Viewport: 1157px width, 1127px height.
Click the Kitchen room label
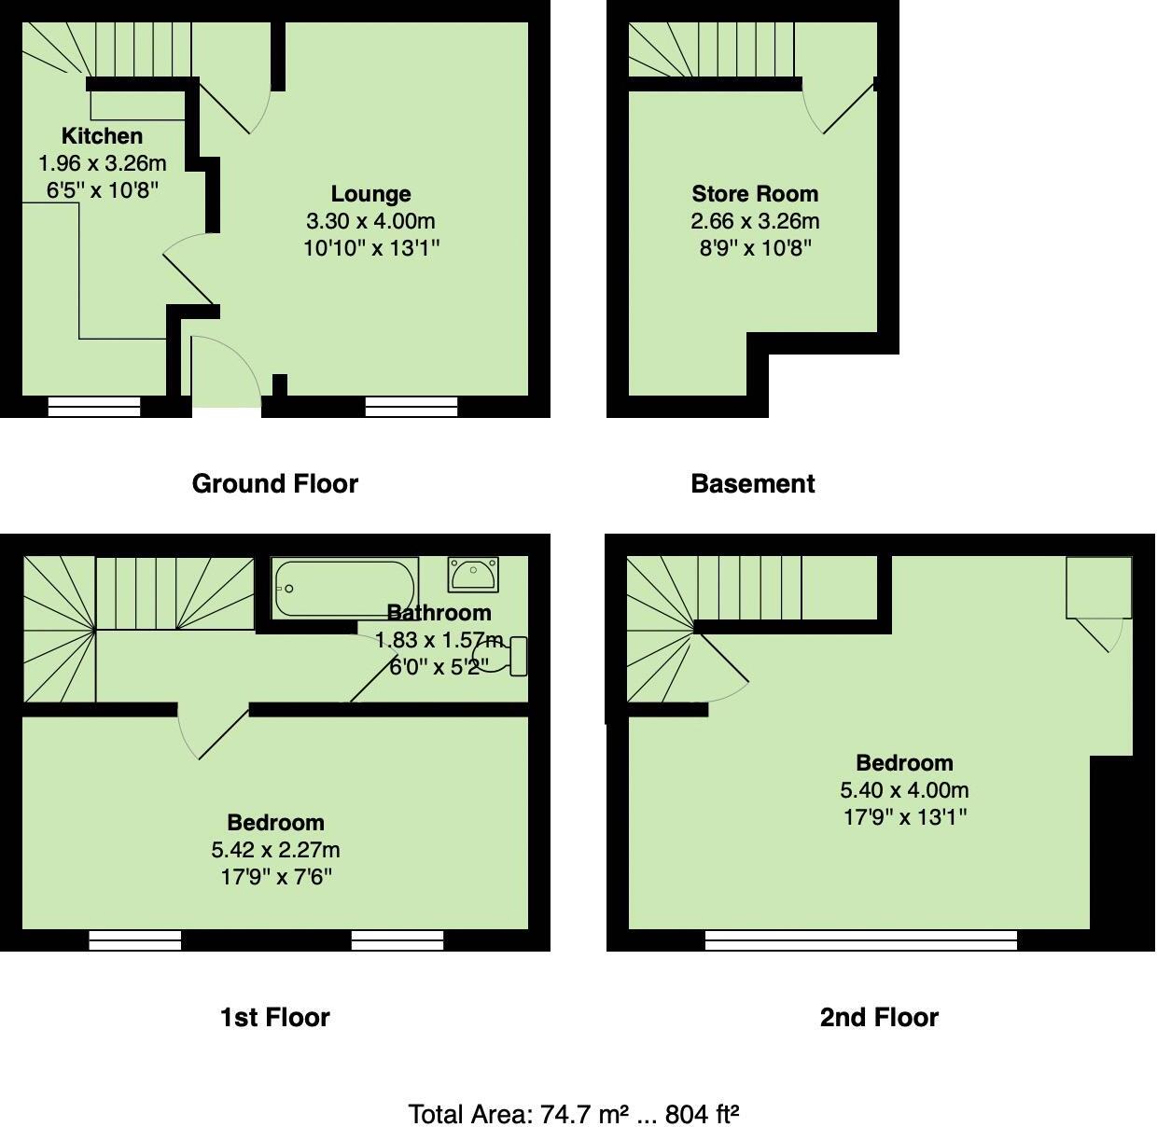click(x=102, y=136)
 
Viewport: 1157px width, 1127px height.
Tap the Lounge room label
click(x=370, y=194)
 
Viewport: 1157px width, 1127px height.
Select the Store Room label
click(x=754, y=194)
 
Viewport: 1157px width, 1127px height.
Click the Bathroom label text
click(x=439, y=613)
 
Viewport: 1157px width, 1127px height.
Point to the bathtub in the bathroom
click(x=344, y=588)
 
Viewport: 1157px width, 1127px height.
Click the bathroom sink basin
click(x=473, y=574)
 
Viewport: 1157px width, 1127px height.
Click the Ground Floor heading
click(x=274, y=483)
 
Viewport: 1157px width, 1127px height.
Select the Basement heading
click(x=752, y=483)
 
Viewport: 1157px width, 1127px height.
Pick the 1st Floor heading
click(x=274, y=1017)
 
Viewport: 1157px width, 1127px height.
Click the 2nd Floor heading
click(x=878, y=1017)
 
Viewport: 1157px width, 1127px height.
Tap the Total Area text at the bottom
click(x=574, y=1114)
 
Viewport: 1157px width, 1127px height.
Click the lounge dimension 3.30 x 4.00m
click(x=370, y=221)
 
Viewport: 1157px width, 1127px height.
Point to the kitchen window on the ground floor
click(x=93, y=406)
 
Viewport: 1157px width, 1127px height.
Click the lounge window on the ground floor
click(x=411, y=406)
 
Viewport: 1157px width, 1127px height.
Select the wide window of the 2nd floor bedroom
click(x=860, y=940)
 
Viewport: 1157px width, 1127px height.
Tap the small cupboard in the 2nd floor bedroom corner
click(x=1098, y=588)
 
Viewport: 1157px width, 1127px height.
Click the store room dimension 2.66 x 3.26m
click(x=754, y=221)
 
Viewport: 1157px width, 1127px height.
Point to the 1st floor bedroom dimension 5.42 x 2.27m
click(x=275, y=850)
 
